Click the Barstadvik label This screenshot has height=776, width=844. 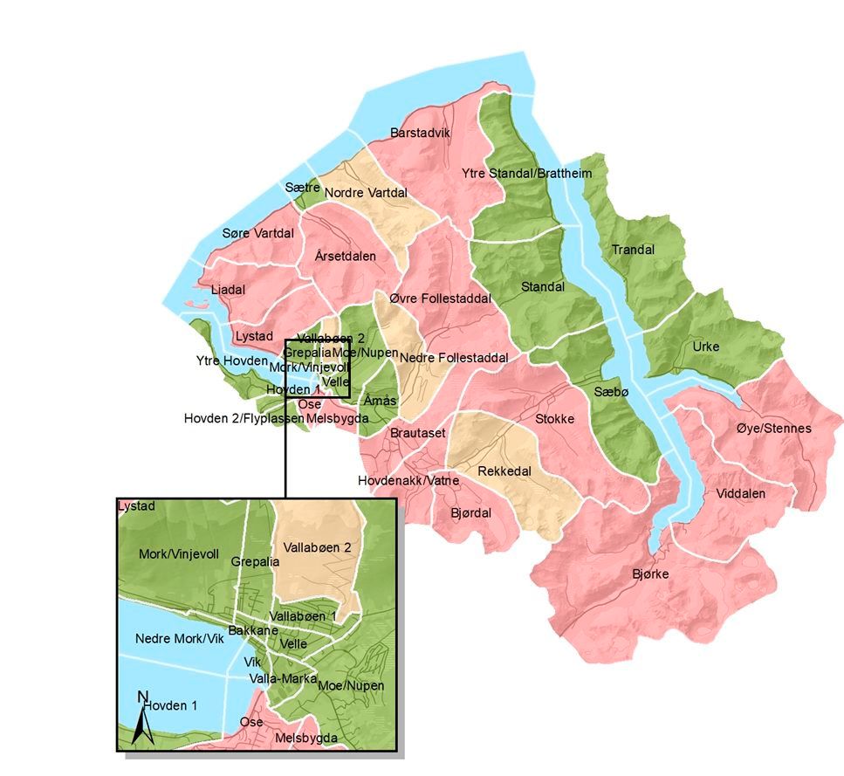pyautogui.click(x=419, y=134)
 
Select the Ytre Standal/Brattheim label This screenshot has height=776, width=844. pyautogui.click(x=527, y=174)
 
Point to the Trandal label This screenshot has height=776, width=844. pyautogui.click(x=633, y=250)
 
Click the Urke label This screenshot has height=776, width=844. pyautogui.click(x=705, y=347)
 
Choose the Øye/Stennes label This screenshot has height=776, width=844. pyautogui.click(x=773, y=429)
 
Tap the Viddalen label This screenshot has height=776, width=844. pyautogui.click(x=740, y=493)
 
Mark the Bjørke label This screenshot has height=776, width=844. pyautogui.click(x=651, y=574)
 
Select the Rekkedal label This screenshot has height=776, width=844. pyautogui.click(x=504, y=471)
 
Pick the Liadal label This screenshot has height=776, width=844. pyautogui.click(x=229, y=290)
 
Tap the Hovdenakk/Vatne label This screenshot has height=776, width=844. pyautogui.click(x=408, y=481)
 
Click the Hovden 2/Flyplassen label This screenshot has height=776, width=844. pyautogui.click(x=244, y=419)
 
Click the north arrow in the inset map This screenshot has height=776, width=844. pyautogui.click(x=142, y=720)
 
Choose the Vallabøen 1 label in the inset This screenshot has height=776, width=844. pyautogui.click(x=303, y=616)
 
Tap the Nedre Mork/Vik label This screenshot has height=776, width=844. pyautogui.click(x=180, y=639)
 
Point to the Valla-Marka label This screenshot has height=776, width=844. pyautogui.click(x=280, y=678)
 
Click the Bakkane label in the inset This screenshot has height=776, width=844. pyautogui.click(x=252, y=630)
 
